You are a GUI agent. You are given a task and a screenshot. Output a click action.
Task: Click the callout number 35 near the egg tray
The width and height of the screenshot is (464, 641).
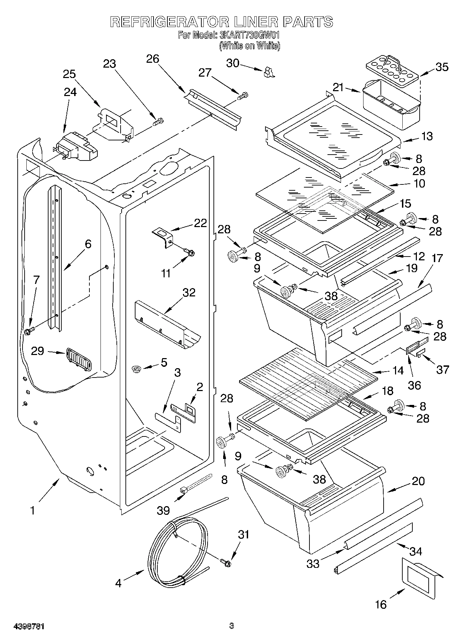(441, 67)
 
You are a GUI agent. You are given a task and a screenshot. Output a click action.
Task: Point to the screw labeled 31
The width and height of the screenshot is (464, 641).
(226, 564)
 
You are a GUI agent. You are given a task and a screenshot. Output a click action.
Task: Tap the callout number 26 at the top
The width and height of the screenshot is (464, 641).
(152, 59)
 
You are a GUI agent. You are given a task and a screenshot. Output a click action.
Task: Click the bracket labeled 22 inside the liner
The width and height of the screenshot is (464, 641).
(163, 237)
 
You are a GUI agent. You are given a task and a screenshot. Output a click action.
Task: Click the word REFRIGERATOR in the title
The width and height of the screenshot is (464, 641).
(169, 22)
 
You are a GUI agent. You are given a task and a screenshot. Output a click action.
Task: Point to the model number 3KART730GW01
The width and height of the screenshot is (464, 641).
(249, 35)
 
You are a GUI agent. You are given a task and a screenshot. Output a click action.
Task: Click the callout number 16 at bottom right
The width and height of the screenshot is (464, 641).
(380, 604)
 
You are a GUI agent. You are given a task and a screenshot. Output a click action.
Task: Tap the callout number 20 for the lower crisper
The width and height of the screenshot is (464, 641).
(418, 481)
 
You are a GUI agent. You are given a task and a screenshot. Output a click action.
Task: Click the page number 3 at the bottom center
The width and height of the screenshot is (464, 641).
(231, 626)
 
